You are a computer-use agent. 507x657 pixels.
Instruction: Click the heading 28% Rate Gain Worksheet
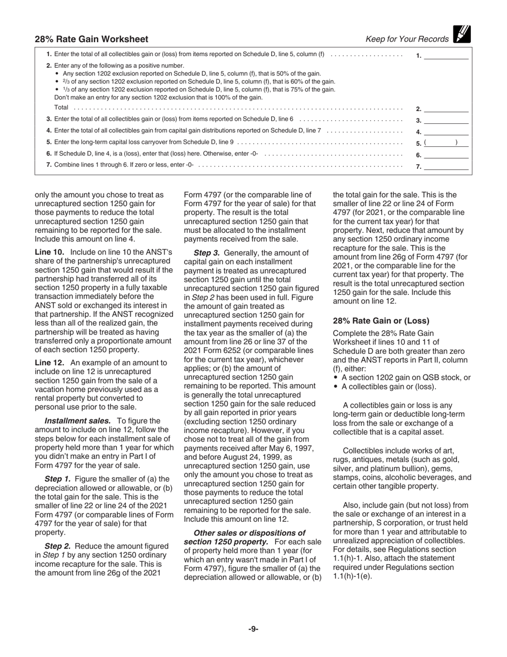pyautogui.click(x=92, y=39)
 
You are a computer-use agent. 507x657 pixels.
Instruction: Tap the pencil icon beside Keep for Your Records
pyautogui.click(x=461, y=34)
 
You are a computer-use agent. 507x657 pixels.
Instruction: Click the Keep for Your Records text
pyautogui.click(x=407, y=39)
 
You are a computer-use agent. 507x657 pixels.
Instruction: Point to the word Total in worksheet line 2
pyautogui.click(x=61, y=108)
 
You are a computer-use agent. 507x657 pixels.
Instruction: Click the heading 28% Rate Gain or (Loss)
pyautogui.click(x=381, y=321)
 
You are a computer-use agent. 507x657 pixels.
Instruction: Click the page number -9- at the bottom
pyautogui.click(x=253, y=629)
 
